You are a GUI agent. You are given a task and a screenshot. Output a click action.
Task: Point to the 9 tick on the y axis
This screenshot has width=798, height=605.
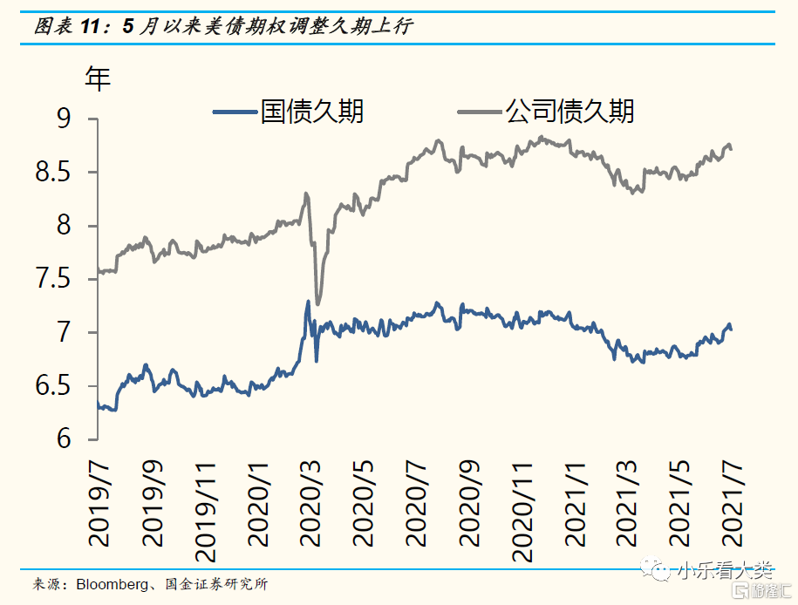65,119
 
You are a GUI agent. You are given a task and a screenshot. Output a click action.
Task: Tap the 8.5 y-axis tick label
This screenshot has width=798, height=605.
51,173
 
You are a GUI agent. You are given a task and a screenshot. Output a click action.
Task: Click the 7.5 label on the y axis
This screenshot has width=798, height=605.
51,280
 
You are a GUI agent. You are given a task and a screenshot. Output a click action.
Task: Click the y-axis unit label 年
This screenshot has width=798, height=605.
98,79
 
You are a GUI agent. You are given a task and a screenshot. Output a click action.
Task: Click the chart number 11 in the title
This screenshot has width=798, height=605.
91,27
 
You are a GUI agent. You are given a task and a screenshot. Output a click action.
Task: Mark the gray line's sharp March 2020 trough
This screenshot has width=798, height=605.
317,304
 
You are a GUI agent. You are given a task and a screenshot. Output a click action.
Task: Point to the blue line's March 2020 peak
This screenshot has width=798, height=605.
308,302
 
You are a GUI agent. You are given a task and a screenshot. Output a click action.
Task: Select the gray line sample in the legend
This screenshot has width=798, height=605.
478,112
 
